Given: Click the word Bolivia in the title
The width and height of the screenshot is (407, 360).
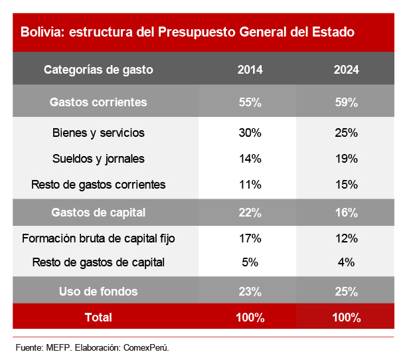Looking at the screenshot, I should [41, 32].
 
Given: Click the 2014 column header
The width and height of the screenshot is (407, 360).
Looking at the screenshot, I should [250, 70].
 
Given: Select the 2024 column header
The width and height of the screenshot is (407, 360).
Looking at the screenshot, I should [347, 70].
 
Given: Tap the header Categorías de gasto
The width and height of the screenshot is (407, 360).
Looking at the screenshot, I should [98, 70].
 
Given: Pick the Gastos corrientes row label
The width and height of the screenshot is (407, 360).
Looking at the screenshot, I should [98, 102].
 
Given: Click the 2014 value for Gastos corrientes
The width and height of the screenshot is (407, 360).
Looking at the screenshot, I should [250, 102].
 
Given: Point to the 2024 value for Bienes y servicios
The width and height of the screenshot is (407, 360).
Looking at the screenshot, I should [347, 133].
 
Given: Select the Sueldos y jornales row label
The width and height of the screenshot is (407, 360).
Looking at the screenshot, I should [98, 159].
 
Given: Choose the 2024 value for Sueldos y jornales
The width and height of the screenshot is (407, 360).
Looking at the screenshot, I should [347, 159].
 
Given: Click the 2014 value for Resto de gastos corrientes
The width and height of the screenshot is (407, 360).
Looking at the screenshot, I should [250, 184].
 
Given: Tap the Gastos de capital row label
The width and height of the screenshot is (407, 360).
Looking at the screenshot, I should [98, 213].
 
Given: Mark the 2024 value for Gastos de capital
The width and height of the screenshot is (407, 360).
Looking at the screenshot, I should [347, 213].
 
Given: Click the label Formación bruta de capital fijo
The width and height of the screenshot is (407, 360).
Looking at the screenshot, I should [98, 238].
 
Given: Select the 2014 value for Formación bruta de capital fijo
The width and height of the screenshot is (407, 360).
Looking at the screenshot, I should [250, 238].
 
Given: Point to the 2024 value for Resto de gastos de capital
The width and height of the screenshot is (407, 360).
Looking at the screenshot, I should [347, 262].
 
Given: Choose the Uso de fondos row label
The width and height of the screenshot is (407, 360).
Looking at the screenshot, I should [98, 291].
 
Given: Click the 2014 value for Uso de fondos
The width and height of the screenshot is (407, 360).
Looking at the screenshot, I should [250, 291].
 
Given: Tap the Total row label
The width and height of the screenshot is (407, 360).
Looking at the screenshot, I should [98, 317].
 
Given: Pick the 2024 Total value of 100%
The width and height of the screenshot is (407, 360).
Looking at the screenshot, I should [347, 317].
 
